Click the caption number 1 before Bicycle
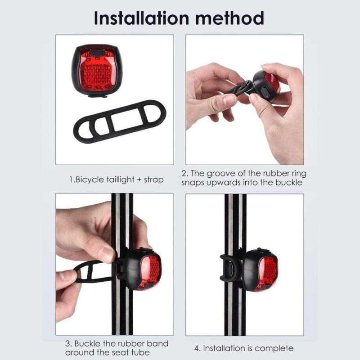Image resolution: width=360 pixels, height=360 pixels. pyautogui.click(x=71, y=180)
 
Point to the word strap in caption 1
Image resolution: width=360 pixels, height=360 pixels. pyautogui.click(x=153, y=180)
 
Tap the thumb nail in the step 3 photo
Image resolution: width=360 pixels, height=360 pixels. pyautogui.click(x=107, y=254)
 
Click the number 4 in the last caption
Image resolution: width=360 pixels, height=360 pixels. pyautogui.click(x=197, y=348)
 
